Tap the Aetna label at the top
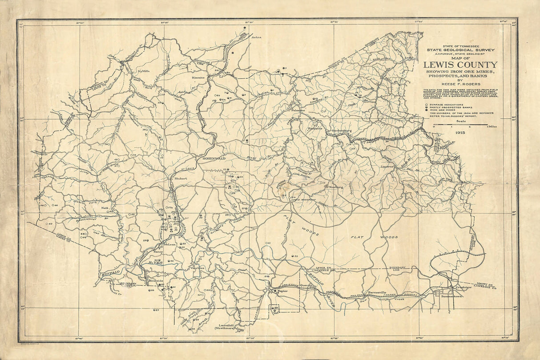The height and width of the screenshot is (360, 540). coord(257,37)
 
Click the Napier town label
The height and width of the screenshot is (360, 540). coord(283,291)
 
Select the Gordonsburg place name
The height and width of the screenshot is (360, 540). coord(342,131)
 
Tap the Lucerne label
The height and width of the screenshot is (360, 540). coord(387,166)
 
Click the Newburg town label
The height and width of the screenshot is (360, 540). coord(336,187)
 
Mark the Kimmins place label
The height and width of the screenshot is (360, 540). coord(198,77)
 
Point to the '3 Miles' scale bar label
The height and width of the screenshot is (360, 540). coord(492,127)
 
